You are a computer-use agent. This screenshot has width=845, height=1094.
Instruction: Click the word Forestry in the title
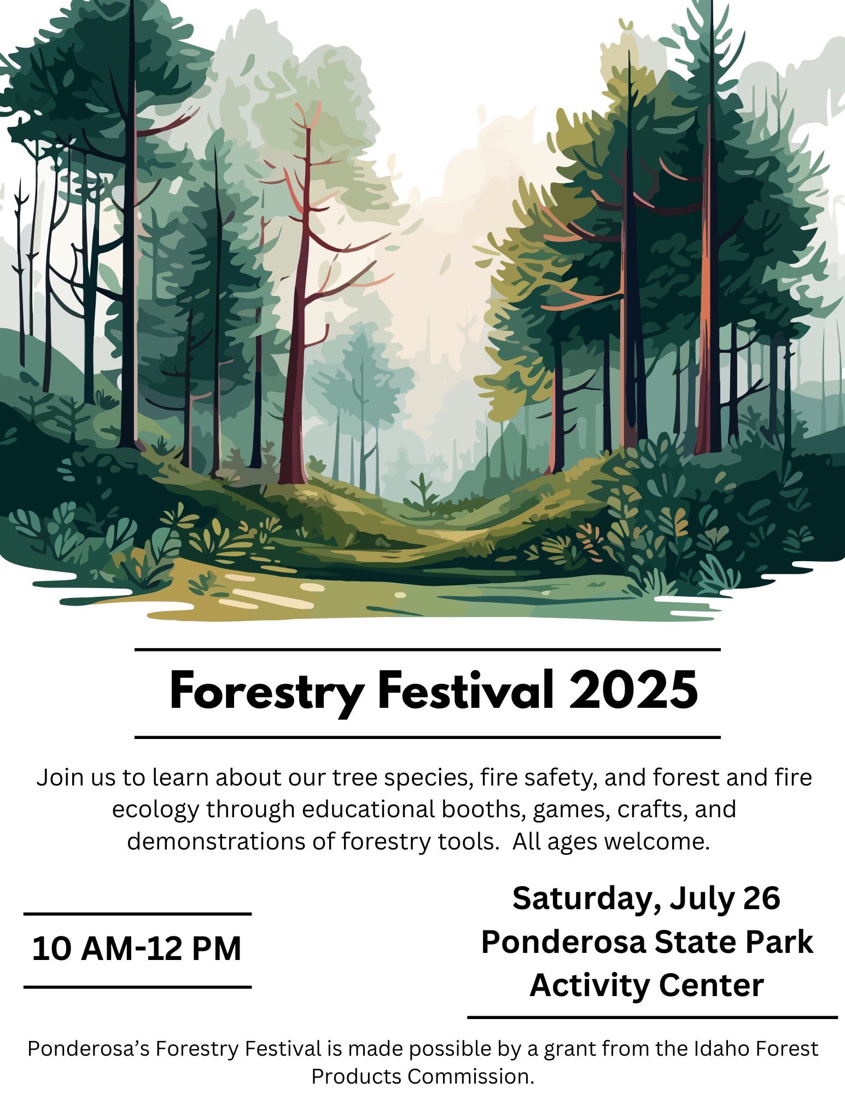pyautogui.click(x=266, y=693)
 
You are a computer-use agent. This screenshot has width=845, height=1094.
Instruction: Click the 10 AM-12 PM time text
pyautogui.click(x=137, y=948)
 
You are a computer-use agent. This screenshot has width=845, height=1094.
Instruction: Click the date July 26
pyautogui.click(x=724, y=899)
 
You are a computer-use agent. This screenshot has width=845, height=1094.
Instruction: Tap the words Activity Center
pyautogui.click(x=646, y=985)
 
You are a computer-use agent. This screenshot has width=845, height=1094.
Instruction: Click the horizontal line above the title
pyautogui.click(x=427, y=650)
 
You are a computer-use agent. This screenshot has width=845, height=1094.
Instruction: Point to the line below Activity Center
pyautogui.click(x=652, y=1017)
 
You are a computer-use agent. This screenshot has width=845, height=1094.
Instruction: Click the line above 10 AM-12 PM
pyautogui.click(x=137, y=913)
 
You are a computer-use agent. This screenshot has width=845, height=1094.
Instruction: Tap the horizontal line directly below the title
pyautogui.click(x=427, y=737)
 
